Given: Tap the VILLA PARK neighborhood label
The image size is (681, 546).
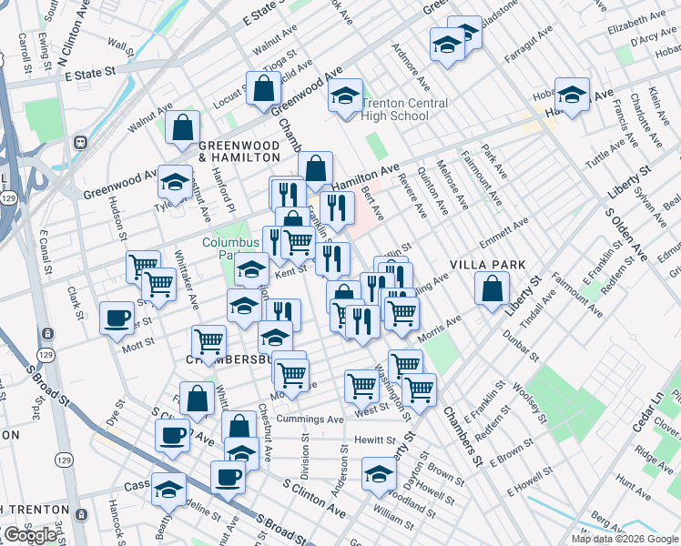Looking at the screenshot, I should pos(489,265).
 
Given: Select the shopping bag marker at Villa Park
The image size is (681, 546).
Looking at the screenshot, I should pos(492,289).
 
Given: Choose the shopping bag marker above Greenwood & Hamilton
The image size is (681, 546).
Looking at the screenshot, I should pos(183,128).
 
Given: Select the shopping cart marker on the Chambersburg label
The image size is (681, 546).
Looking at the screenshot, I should pos(209,343).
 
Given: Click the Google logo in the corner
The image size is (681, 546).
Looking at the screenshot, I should pos(31,535).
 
